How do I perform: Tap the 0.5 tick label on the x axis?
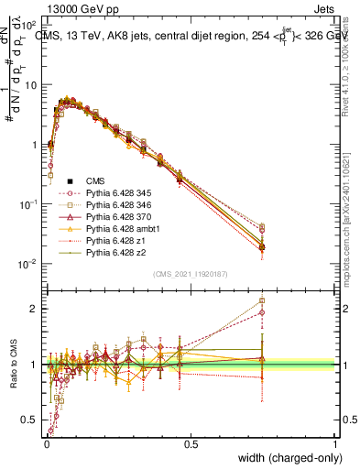(x=190, y=443)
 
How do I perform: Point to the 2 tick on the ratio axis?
(x=36, y=309)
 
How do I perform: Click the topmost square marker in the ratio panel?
(x=262, y=300)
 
